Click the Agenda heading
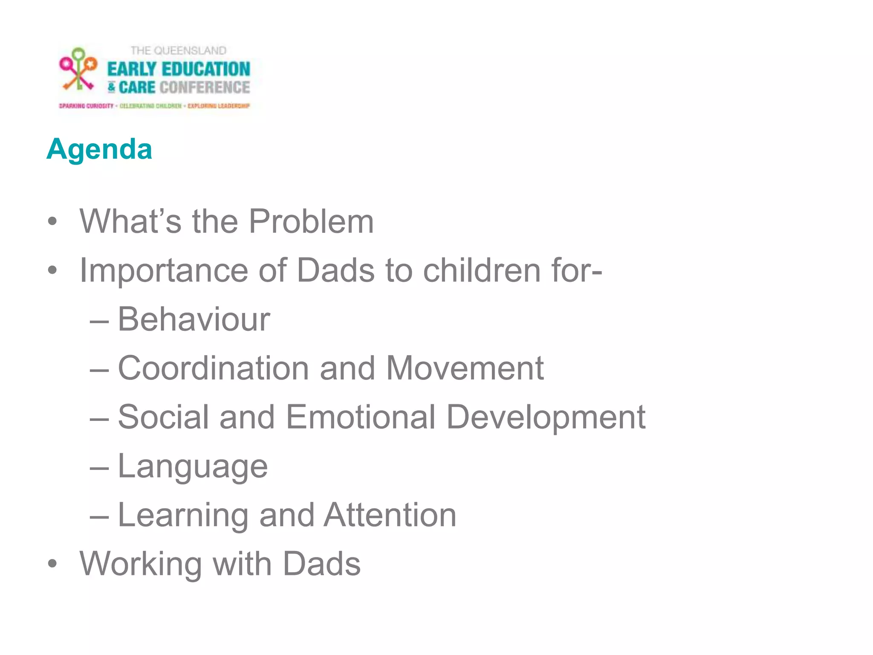coord(99,149)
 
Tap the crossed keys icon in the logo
coord(78,70)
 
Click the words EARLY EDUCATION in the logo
coord(179,69)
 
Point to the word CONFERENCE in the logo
coord(205,87)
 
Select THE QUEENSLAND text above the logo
coord(178,51)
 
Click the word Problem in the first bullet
coord(311,221)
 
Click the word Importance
coord(164,271)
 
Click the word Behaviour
coord(194,319)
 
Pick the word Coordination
coord(213,368)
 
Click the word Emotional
coord(361,417)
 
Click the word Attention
coord(390,515)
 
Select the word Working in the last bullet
coord(141,564)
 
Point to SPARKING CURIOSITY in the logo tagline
coord(86,106)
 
